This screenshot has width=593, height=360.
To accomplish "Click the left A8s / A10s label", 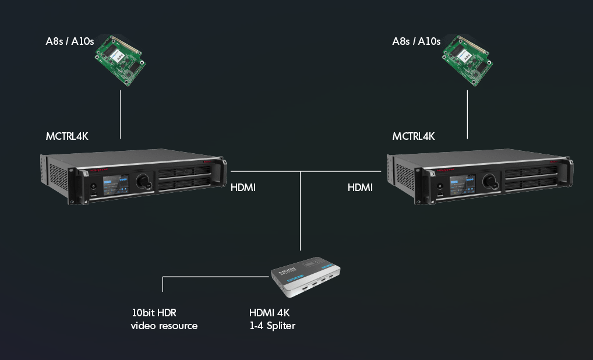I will [x=69, y=41].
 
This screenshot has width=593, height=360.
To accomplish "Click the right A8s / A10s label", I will [x=416, y=41].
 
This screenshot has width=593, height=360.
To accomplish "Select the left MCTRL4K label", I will [x=67, y=136].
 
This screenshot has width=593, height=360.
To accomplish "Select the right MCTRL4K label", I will [x=414, y=136].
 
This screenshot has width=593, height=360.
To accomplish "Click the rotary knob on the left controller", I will [x=143, y=182].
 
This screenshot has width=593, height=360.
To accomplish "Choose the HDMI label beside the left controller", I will [x=243, y=188].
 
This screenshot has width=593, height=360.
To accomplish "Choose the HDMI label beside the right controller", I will [x=360, y=188].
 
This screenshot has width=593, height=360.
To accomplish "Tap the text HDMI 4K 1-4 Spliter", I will [x=272, y=319].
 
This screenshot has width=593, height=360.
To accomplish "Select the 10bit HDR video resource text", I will [x=164, y=319].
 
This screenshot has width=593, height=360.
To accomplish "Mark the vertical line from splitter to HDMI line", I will [x=301, y=210].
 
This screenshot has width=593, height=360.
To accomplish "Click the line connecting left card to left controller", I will [x=121, y=114].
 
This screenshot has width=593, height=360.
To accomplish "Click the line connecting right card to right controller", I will [x=467, y=114].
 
